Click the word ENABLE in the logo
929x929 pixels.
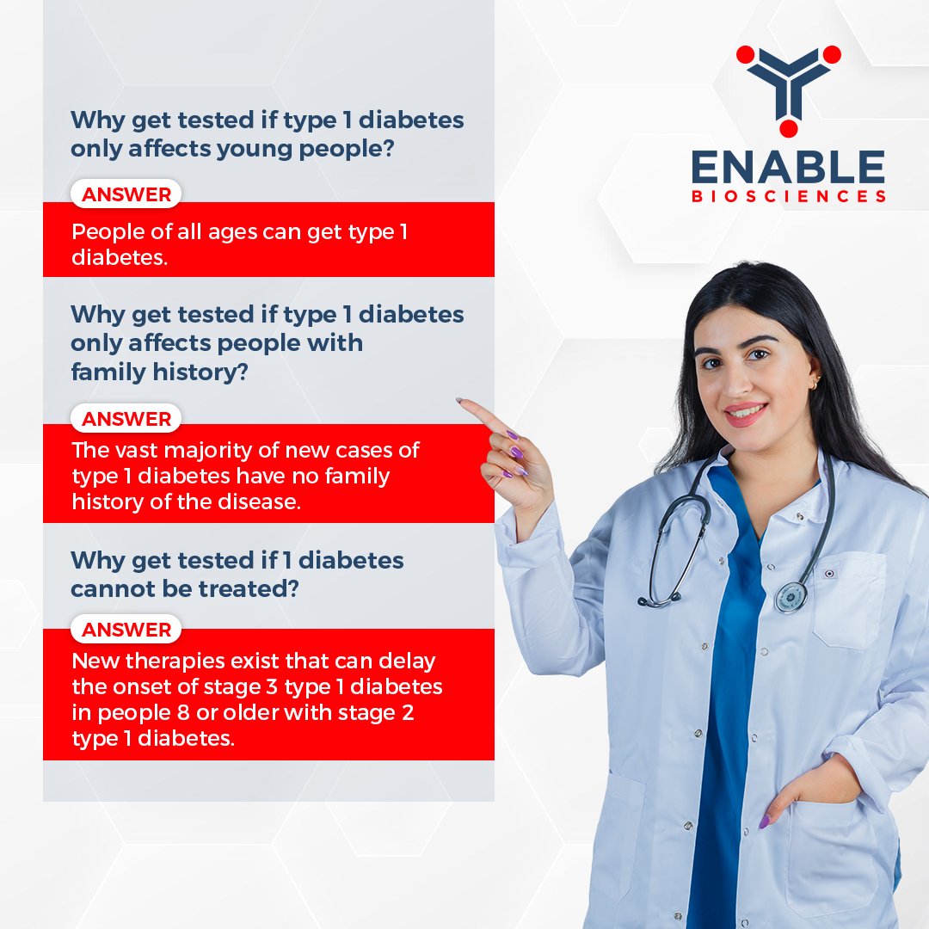788,167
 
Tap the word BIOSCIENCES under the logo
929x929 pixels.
788,197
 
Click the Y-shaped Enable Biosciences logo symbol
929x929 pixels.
789,86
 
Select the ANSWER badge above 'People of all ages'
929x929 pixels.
126,194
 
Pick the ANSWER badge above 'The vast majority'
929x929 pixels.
126,419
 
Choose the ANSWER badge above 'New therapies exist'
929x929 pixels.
126,630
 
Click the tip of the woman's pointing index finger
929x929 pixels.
461,401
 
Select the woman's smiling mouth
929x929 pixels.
745,413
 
